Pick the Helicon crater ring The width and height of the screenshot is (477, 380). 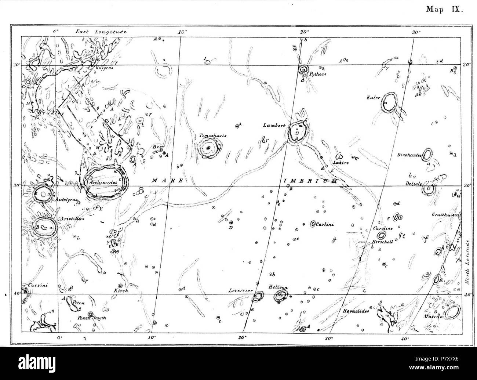(x=282, y=295)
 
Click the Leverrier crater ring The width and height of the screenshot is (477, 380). (x=259, y=296)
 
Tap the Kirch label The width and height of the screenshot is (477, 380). (x=121, y=291)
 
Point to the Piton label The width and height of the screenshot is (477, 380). (x=80, y=303)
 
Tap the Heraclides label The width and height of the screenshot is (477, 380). (x=356, y=311)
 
